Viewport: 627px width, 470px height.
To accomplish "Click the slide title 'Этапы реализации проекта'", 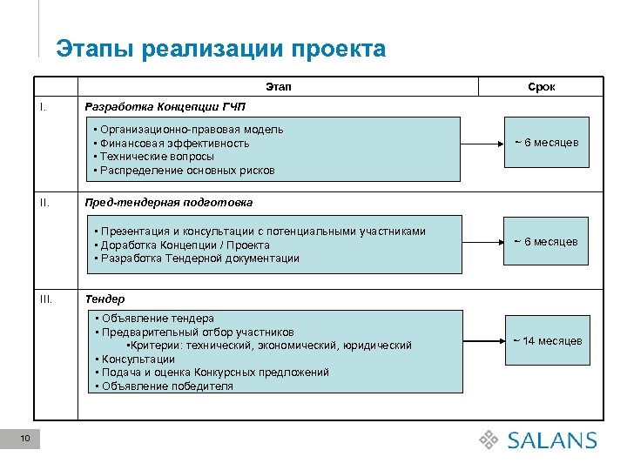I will pyautogui.click(x=220, y=49).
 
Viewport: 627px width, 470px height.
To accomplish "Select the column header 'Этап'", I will pyautogui.click(x=279, y=87).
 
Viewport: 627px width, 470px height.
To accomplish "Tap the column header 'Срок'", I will pyautogui.click(x=541, y=87).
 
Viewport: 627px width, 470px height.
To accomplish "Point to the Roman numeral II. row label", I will pyautogui.click(x=44, y=202).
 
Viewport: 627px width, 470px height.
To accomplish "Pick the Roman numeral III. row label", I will pyautogui.click(x=46, y=299).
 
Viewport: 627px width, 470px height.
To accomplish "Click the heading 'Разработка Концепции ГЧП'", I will pyautogui.click(x=165, y=107).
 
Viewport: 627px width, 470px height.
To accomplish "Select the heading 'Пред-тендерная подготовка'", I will pyautogui.click(x=168, y=202).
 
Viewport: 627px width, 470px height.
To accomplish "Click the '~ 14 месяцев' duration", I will pyautogui.click(x=547, y=341).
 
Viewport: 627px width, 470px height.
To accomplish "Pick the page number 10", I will pyautogui.click(x=25, y=439).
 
